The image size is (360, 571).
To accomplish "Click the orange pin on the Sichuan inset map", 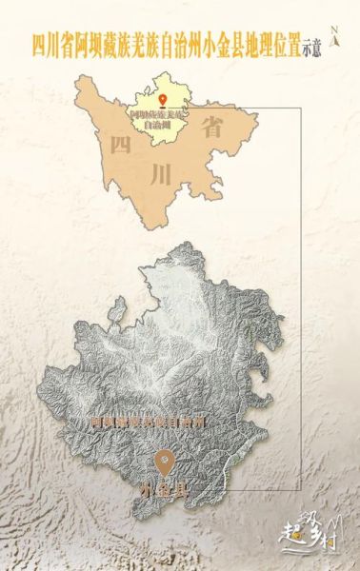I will (163, 100).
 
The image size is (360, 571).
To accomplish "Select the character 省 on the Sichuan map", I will (213, 130).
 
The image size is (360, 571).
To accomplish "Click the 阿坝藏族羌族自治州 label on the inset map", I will (157, 119).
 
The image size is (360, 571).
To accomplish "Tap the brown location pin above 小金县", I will (165, 463).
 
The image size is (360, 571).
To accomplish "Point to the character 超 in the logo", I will (292, 538).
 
